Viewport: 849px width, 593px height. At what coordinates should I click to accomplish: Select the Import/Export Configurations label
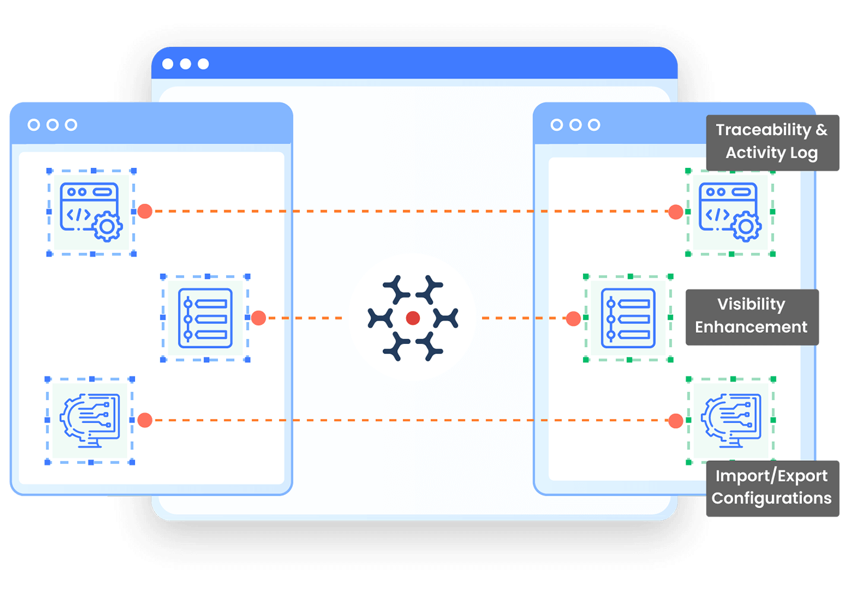[x=772, y=487]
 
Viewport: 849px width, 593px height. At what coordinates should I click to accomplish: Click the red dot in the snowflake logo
[x=413, y=318]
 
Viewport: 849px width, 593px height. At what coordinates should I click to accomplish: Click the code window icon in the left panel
[x=91, y=212]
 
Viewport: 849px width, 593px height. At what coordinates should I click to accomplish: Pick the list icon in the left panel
[x=205, y=318]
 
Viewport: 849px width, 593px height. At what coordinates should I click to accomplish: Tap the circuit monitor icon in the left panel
[x=90, y=420]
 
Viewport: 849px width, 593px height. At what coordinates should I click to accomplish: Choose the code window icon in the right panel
[x=730, y=212]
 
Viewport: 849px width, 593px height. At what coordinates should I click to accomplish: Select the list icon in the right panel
[x=628, y=318]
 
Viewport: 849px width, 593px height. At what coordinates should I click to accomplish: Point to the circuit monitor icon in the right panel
[x=731, y=420]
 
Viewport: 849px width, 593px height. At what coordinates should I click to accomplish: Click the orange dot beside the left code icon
[x=145, y=211]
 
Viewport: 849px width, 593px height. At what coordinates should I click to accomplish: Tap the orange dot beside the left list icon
[x=258, y=318]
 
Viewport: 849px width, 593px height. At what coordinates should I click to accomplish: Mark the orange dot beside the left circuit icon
[x=145, y=420]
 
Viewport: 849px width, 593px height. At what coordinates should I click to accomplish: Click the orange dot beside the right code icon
[x=676, y=212]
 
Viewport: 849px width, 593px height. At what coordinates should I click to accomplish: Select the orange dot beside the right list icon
[x=574, y=318]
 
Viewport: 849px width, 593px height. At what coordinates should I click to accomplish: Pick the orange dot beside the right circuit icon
[x=676, y=420]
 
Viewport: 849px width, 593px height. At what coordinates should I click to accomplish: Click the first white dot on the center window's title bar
[x=168, y=64]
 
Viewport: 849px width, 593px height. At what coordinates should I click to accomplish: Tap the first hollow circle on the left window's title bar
[x=34, y=125]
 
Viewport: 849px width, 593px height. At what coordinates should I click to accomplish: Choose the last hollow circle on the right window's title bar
[x=594, y=125]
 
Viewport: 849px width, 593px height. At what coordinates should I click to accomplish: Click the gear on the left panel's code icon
[x=107, y=227]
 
